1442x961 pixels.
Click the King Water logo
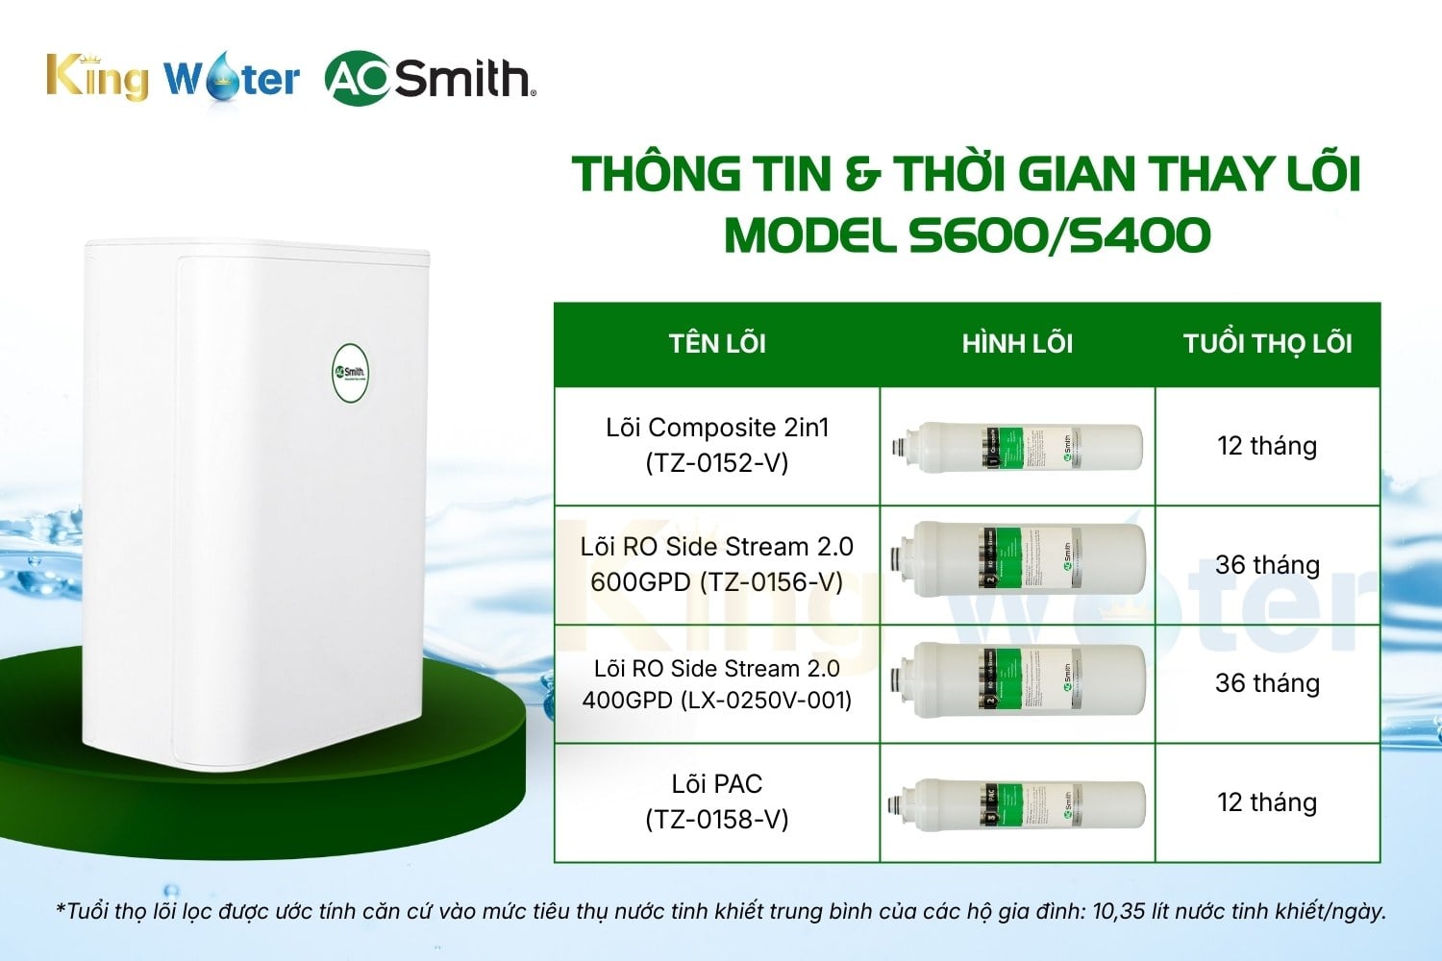(x=173, y=77)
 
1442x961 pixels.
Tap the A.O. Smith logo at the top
(x=430, y=78)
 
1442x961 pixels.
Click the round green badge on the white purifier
(x=350, y=372)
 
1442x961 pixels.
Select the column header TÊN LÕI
(x=717, y=344)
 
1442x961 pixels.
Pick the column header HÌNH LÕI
(x=1017, y=344)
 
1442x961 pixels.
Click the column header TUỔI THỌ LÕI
(x=1267, y=344)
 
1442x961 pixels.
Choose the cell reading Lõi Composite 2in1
(x=717, y=428)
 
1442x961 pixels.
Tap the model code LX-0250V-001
(x=766, y=700)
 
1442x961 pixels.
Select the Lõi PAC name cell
(x=717, y=784)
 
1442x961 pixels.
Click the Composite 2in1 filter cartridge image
(x=1017, y=447)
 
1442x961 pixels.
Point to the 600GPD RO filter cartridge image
(x=1017, y=559)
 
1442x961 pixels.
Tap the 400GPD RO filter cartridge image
(x=1017, y=679)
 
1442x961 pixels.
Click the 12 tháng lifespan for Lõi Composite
(x=1267, y=446)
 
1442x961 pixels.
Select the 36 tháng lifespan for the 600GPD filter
(x=1267, y=565)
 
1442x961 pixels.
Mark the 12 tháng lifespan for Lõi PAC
(x=1267, y=802)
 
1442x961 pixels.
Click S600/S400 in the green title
(x=1059, y=235)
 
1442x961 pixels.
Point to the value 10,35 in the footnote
(x=1119, y=911)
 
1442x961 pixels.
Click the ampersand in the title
(x=862, y=175)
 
